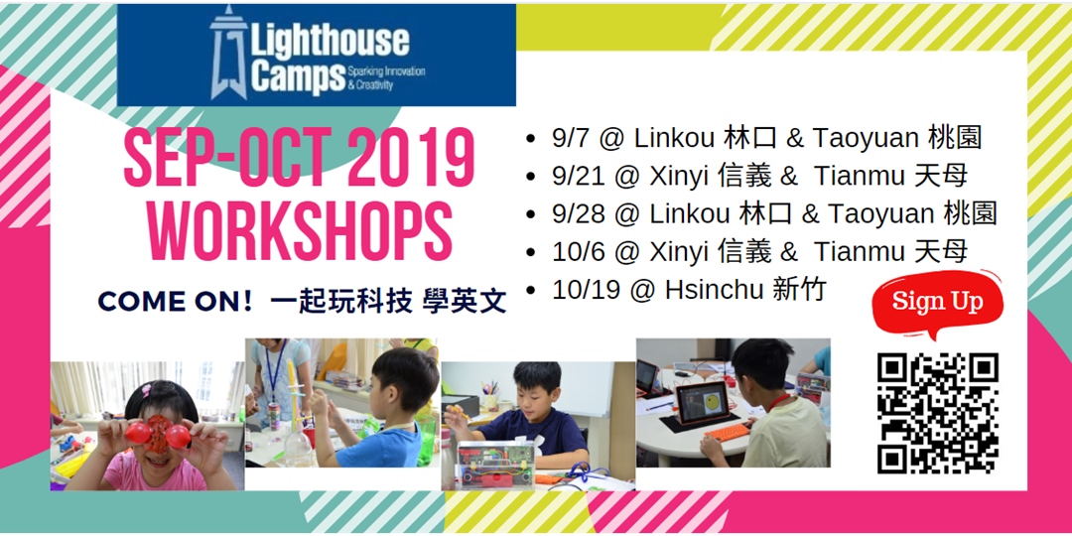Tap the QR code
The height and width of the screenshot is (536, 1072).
[x=937, y=413]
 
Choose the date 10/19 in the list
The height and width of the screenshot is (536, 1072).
[x=586, y=290]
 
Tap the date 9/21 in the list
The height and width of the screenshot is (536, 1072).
[x=579, y=177]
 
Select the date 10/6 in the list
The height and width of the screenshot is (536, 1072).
[x=579, y=251]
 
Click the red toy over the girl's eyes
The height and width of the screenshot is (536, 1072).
[x=158, y=433]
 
